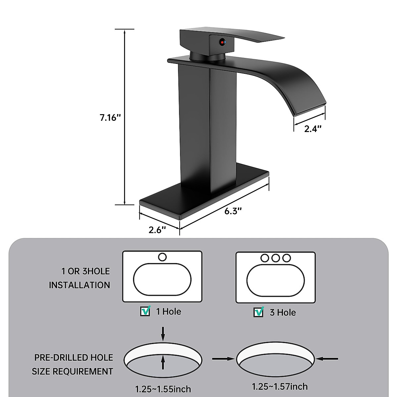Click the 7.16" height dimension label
[x=109, y=118]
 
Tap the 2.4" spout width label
[x=313, y=129]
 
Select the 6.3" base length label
[x=233, y=211]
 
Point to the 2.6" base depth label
[x=157, y=230]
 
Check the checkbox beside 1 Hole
[x=145, y=311]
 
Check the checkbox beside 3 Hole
[x=258, y=312]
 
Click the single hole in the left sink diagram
[x=162, y=257]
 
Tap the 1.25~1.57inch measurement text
[x=280, y=386]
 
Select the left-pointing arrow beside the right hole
[x=328, y=358]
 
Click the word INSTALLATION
[x=79, y=285]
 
